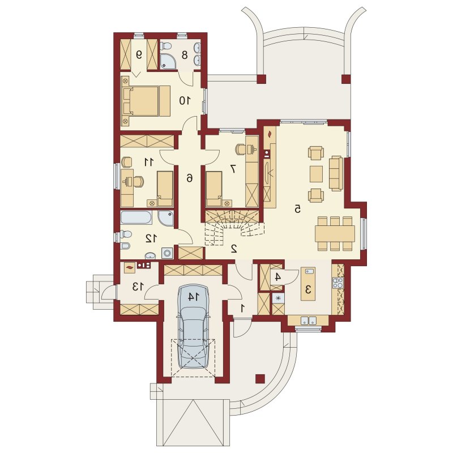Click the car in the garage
coord(193,327)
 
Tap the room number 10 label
coord(185,101)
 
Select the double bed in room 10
coord(146,101)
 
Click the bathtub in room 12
coord(136,217)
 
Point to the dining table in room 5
coord(335,233)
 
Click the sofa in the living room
coord(336,173)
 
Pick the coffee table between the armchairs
coord(316,174)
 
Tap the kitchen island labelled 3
coord(308,284)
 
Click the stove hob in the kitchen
coord(338,283)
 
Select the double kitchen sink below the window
coord(308,320)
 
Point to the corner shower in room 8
coord(167,62)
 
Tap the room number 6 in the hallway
coord(189,178)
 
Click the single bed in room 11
coord(165,189)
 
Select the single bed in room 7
coord(214,189)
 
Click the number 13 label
coord(138,287)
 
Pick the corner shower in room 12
coord(166,218)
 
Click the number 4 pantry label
coord(277,277)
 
